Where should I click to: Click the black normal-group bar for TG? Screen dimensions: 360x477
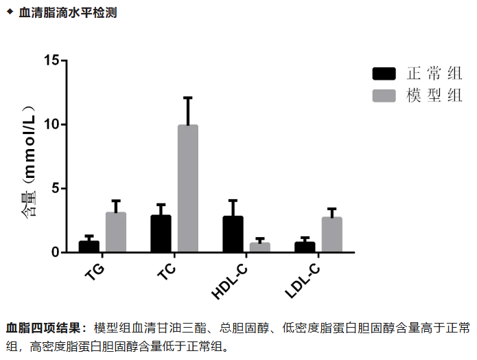89,247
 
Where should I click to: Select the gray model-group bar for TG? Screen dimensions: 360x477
115,232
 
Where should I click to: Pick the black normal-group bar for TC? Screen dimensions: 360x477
161,234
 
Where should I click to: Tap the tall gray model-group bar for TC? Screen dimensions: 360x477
187,189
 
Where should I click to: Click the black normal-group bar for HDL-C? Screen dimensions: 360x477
233,234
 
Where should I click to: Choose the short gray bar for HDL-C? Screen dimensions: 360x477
259,247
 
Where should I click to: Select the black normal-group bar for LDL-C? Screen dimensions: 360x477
305,247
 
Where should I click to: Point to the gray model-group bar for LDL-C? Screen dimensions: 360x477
331,235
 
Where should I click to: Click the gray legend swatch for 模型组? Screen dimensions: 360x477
384,95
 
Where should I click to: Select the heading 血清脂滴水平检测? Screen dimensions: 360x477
67,12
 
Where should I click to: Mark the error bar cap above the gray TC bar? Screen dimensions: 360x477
187,98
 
